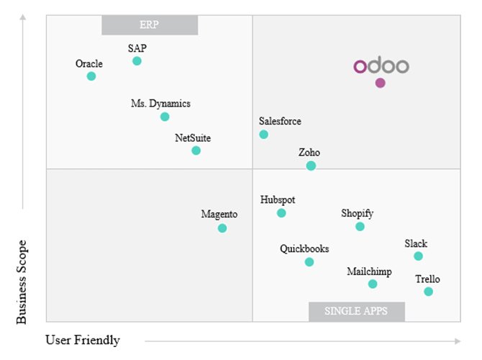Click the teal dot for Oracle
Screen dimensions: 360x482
[x=91, y=76]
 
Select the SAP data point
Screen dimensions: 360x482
[x=137, y=61]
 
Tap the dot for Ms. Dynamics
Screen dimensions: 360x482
[x=165, y=117]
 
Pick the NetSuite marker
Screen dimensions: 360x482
[x=196, y=150]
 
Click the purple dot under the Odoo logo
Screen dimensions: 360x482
[x=380, y=83]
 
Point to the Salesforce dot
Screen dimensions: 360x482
[x=263, y=135]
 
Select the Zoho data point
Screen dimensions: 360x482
[x=311, y=166]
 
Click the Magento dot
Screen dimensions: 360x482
[x=222, y=228]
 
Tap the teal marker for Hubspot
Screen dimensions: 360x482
[x=281, y=213]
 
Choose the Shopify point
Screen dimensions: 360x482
[x=360, y=227]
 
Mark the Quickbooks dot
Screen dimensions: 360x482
[x=309, y=262]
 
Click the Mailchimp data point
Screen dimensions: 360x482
[x=373, y=284]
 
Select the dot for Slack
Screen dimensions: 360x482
[x=418, y=256]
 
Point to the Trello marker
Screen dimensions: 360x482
[x=428, y=292]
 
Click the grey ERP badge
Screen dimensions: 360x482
[x=150, y=25]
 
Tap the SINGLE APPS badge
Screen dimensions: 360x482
[x=357, y=312]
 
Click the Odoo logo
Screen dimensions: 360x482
[x=381, y=66]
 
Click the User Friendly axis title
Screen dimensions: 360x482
[x=83, y=340]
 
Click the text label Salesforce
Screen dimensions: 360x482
[x=280, y=121]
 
